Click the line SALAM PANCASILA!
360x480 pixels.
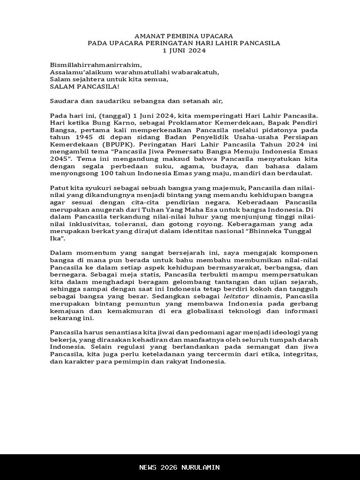tap(84, 87)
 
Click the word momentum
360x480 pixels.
tap(97, 254)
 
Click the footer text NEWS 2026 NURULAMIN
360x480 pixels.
tap(180, 467)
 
